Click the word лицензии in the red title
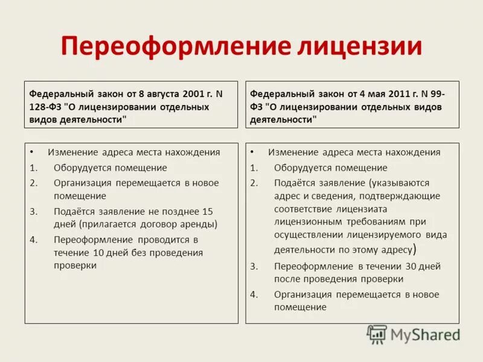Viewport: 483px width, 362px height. (x=354, y=46)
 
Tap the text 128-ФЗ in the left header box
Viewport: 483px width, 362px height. (x=46, y=107)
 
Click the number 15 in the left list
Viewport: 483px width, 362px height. (x=207, y=212)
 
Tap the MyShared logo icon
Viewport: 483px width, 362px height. (x=377, y=334)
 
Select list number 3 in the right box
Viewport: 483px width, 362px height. (x=254, y=266)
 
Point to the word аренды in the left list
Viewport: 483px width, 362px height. (x=200, y=224)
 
